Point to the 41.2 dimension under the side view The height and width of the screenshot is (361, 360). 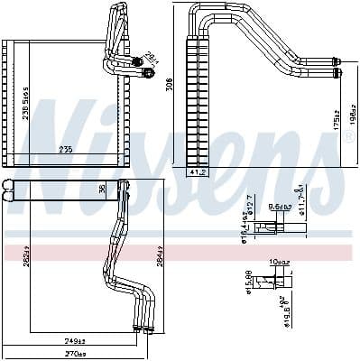pyautogui.click(x=198, y=172)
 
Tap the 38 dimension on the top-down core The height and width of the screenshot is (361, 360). pyautogui.click(x=102, y=189)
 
